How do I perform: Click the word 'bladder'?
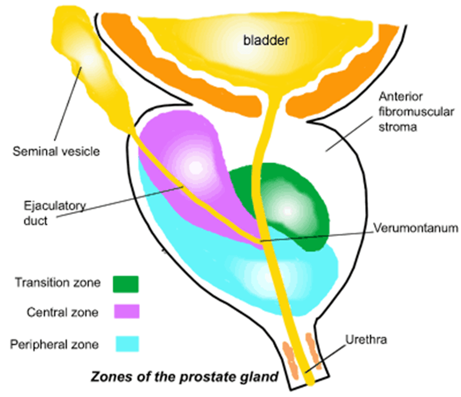(x=266, y=40)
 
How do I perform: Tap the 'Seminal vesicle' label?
(x=56, y=151)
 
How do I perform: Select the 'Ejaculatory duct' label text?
(x=55, y=213)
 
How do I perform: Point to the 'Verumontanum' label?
(x=416, y=228)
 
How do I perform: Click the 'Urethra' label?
(x=366, y=339)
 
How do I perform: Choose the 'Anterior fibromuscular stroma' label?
(x=416, y=112)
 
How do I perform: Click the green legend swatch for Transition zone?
(x=126, y=284)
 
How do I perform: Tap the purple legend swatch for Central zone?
(x=127, y=311)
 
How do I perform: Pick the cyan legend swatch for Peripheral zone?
(x=127, y=344)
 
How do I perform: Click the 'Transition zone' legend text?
(x=58, y=282)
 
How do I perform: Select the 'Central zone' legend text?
(x=63, y=312)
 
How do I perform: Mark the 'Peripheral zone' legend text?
(x=55, y=345)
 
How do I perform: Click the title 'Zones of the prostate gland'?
(x=185, y=377)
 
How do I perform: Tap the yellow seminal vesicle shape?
(x=88, y=62)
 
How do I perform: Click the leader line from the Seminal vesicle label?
(x=68, y=104)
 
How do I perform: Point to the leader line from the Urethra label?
(x=325, y=359)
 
